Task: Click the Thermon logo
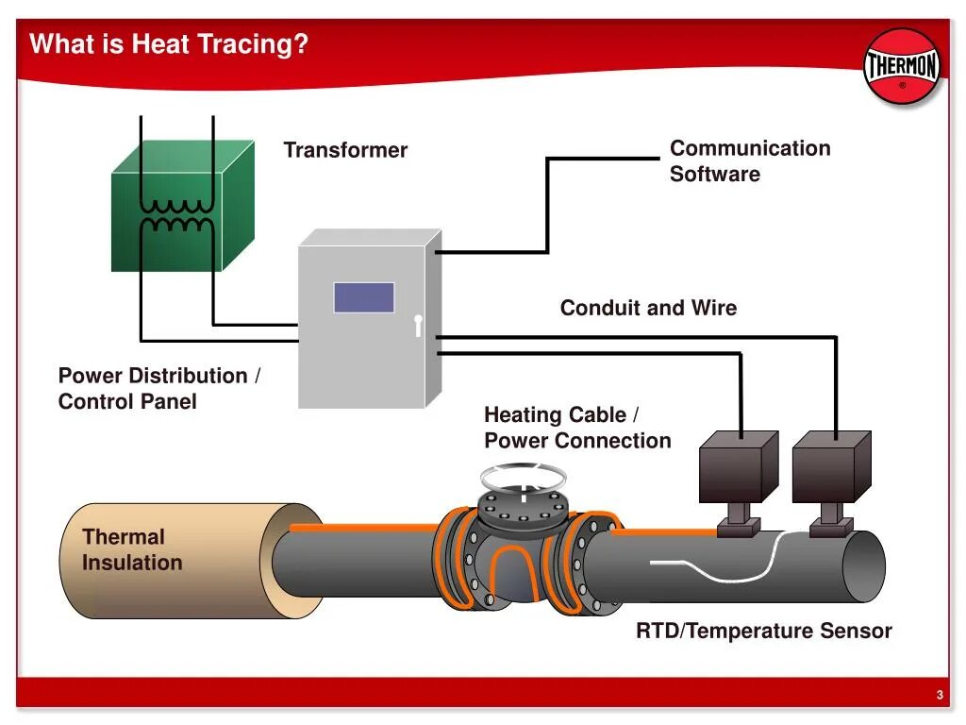902,66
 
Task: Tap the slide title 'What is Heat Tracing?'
170,44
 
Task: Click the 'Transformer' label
345,150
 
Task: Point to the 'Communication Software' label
749,160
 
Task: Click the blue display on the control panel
363,297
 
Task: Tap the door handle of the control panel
417,325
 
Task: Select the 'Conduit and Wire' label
648,308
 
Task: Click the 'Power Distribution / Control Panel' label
158,388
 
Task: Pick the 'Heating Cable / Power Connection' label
577,428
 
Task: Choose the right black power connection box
829,467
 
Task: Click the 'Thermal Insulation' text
131,549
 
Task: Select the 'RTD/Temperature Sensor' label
763,631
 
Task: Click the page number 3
940,696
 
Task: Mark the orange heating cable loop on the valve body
520,566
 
